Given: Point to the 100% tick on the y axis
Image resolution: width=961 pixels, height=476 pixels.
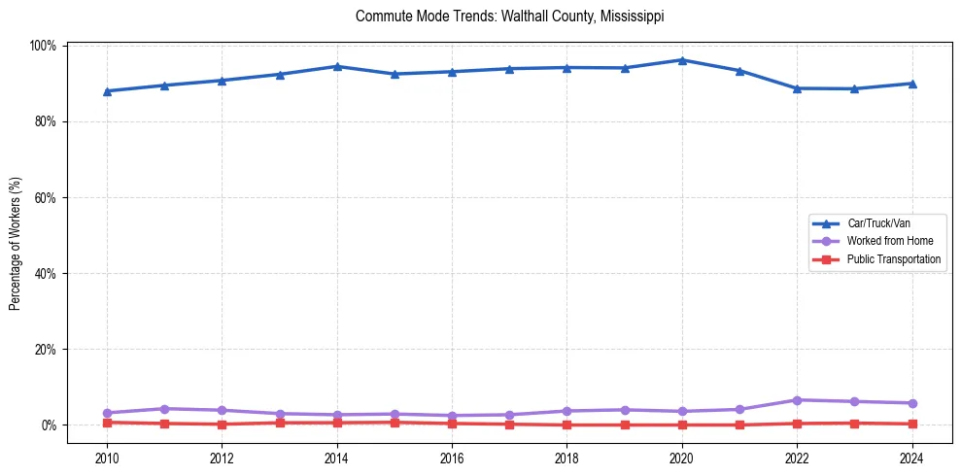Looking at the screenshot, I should coord(43,46).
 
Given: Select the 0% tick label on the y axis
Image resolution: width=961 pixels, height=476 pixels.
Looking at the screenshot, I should coord(49,425).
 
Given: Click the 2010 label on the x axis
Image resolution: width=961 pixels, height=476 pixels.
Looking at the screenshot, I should coord(107,458).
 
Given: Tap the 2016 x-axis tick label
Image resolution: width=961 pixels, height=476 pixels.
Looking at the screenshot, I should coord(452,458).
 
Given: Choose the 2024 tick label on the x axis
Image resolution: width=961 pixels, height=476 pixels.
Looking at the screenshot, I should coord(911,458).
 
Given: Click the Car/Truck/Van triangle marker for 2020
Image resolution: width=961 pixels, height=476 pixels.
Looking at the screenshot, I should coord(682,60).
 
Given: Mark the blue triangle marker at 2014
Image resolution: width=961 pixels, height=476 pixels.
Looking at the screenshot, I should coord(337,66).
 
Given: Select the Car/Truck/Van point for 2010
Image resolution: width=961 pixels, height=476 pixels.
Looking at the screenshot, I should coord(107,91).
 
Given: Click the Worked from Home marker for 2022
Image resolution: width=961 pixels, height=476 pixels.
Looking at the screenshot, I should coord(797,400).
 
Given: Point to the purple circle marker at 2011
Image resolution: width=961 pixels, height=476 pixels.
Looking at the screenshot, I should coord(164,409).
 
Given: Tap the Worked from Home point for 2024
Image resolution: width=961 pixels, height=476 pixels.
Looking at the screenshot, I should coord(911,403).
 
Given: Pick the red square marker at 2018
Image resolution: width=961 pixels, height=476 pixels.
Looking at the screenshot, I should coord(566,425).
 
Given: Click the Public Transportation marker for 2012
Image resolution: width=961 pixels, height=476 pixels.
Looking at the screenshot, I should coord(222,425).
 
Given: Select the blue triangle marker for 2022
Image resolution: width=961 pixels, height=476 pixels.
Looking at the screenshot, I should coord(797,88).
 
